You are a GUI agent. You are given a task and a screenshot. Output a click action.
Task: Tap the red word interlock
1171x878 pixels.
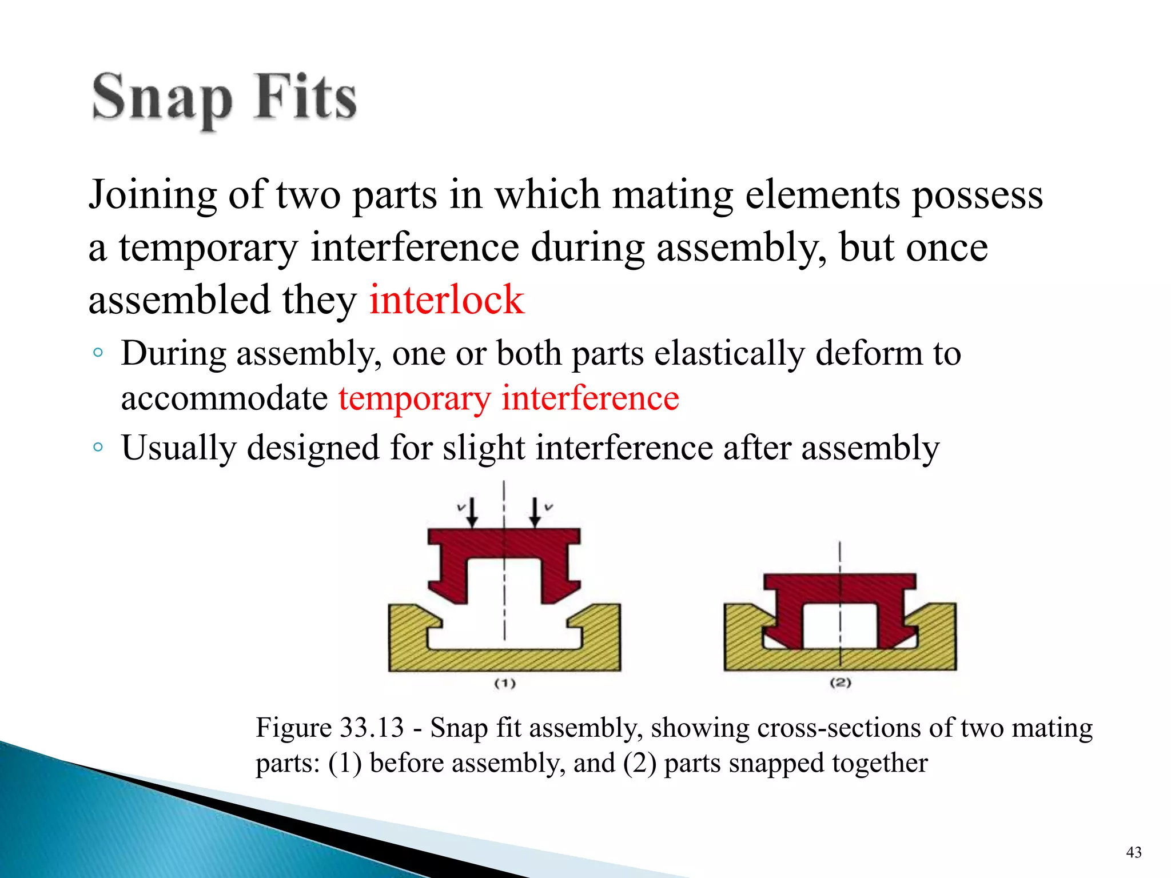tap(446, 300)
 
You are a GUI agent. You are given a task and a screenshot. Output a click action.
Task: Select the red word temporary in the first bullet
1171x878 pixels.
tap(414, 398)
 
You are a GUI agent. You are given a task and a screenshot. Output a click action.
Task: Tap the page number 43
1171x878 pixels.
tap(1134, 852)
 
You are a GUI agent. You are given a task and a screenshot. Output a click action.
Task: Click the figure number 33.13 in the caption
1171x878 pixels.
tap(372, 728)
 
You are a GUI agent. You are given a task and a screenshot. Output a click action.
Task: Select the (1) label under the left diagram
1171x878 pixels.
tap(505, 683)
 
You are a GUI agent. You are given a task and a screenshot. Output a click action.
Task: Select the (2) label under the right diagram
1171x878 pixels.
tap(841, 683)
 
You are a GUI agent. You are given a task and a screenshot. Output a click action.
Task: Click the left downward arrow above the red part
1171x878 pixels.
tap(472, 512)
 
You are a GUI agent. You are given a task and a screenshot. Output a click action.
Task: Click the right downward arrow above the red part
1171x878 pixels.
tap(535, 512)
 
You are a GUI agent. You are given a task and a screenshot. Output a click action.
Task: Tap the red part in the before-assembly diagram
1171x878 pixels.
tap(504, 544)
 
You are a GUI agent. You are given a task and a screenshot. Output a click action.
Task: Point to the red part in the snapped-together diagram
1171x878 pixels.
tap(840, 589)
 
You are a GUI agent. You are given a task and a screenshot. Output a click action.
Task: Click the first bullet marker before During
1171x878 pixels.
tap(98, 353)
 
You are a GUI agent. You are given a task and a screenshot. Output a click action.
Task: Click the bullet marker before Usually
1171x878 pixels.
tap(98, 446)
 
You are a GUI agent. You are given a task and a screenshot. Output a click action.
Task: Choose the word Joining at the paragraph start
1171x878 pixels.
tap(152, 195)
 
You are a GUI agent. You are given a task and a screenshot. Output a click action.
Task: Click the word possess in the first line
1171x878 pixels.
tap(977, 195)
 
